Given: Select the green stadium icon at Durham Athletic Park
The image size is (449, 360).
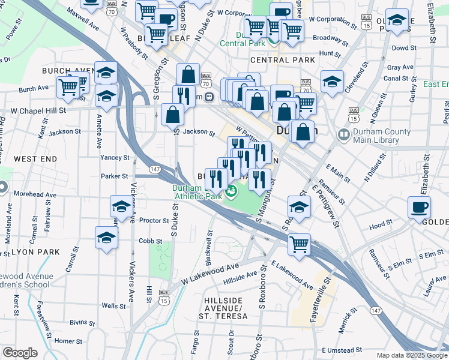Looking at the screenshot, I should click(x=231, y=192).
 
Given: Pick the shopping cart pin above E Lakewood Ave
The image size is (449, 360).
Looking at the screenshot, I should click(x=299, y=244).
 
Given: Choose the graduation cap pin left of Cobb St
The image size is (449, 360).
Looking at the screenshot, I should click(x=106, y=237).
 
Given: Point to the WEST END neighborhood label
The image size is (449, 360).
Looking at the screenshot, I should click(x=35, y=159).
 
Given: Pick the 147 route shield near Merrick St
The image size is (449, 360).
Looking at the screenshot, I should click(x=376, y=310).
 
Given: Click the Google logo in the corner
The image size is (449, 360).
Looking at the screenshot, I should click(x=20, y=353).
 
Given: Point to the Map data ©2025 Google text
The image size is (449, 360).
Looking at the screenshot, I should click(x=411, y=355).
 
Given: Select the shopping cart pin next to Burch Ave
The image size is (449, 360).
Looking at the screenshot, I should click(x=68, y=87).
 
